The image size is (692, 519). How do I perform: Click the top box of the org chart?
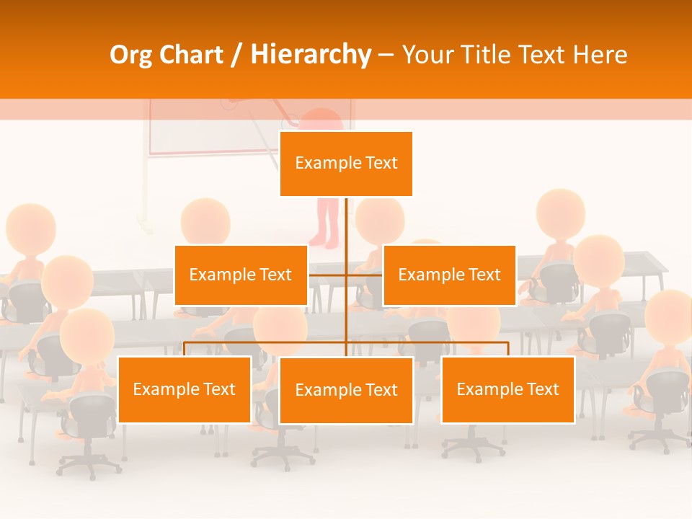click(346, 164)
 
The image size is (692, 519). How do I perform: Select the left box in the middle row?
click(241, 275)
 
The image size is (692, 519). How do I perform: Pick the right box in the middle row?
click(449, 275)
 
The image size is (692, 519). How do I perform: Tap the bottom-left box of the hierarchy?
click(185, 389)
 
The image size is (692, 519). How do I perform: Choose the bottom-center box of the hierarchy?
click(346, 390)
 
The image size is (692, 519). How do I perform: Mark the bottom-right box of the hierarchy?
click(507, 389)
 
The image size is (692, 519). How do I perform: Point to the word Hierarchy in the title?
click(311, 55)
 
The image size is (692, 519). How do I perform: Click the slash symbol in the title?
click(236, 56)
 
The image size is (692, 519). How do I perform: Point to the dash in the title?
click(386, 56)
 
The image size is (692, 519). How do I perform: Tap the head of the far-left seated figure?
click(30, 226)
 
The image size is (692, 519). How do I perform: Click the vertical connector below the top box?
click(346, 223)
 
